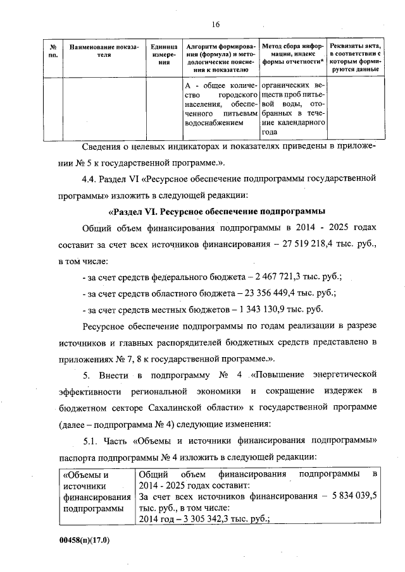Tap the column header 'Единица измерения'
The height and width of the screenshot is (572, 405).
163,55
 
